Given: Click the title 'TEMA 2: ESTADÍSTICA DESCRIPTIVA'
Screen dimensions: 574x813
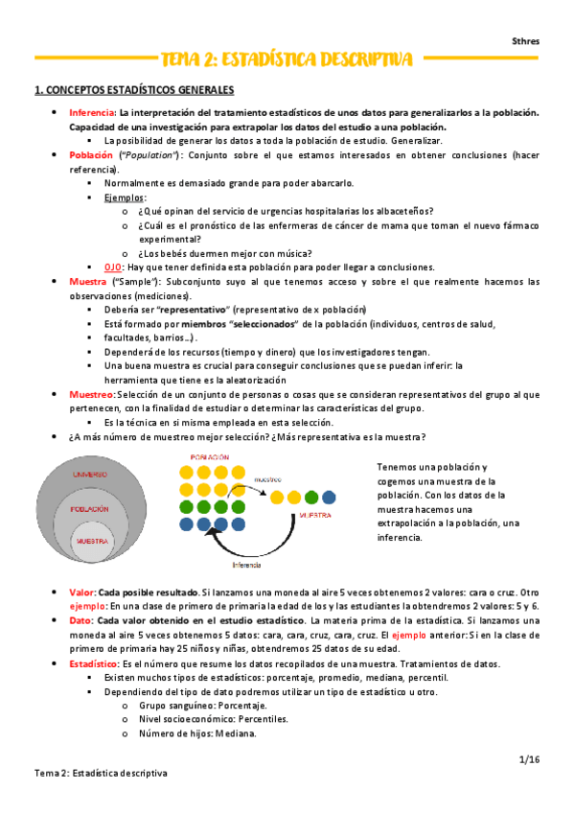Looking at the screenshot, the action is click(x=287, y=60).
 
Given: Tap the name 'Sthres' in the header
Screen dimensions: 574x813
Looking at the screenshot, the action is click(x=524, y=41).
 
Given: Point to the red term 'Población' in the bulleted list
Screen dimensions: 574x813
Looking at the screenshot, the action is click(x=90, y=154).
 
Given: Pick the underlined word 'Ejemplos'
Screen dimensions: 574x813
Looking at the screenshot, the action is click(x=125, y=197).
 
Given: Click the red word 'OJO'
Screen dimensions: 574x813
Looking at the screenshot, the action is click(x=114, y=267).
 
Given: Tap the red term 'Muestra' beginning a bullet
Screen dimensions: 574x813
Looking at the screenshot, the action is click(x=88, y=282).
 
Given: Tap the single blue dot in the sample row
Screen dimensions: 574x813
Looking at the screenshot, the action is click(x=330, y=497).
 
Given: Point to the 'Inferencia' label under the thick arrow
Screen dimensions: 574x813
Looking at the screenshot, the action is click(x=245, y=566).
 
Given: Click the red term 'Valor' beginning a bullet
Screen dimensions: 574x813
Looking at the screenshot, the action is click(x=82, y=592).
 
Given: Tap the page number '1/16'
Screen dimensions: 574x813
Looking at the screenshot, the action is click(x=529, y=758).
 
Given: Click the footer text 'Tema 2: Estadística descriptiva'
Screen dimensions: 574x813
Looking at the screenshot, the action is click(x=101, y=773).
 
